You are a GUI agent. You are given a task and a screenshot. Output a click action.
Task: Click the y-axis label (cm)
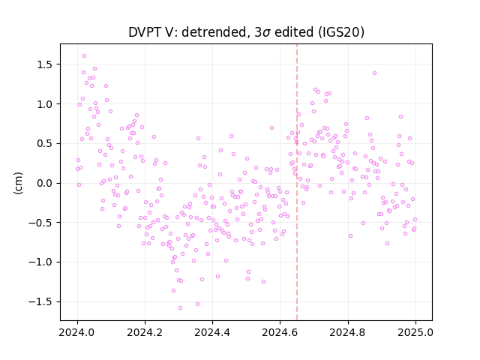18,183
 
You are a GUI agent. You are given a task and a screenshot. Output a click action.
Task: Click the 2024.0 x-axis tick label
77,332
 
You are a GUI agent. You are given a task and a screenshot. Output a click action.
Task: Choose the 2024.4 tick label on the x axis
212,332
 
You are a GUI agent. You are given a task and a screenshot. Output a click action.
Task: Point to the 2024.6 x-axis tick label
280,332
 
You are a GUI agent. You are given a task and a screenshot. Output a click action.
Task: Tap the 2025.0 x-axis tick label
415,332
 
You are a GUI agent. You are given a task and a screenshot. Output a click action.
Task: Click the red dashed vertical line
297,182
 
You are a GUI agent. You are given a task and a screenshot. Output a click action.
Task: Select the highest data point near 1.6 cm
85,56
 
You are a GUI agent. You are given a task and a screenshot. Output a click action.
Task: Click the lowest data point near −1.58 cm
180,307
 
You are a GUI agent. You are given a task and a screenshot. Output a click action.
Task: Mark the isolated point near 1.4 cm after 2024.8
374,73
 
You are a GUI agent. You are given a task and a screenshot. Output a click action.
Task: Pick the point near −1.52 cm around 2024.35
197,304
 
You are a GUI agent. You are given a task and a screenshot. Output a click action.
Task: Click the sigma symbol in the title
267,33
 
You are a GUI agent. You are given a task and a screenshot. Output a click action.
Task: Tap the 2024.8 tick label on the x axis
348,332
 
